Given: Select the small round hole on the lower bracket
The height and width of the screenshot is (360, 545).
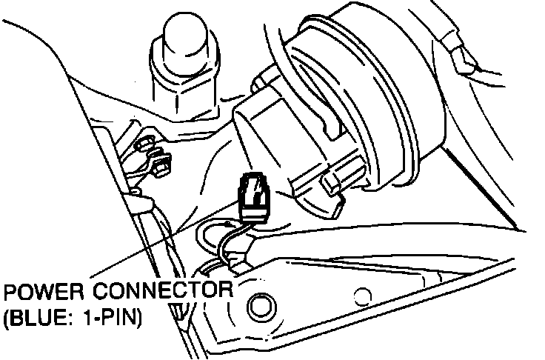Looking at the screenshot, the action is click(362, 297).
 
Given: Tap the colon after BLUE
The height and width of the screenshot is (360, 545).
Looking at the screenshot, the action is click(73, 319).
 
